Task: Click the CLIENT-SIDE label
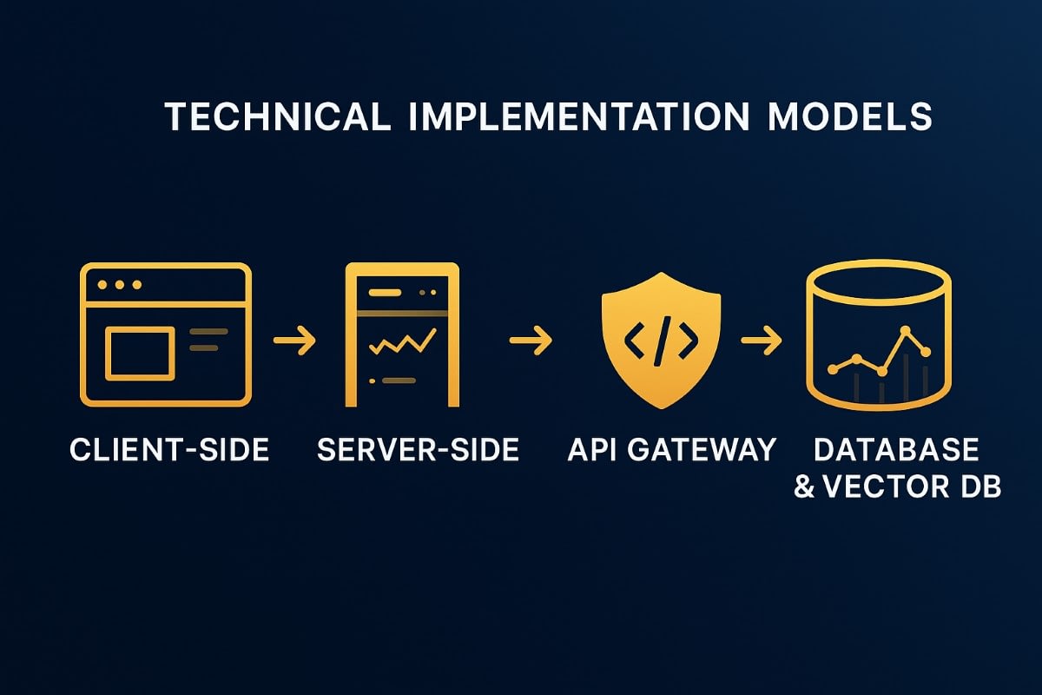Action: point(169,450)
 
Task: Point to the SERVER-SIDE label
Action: point(418,450)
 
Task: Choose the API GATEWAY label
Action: point(671,450)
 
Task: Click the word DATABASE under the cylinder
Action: point(896,450)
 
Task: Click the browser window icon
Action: point(166,335)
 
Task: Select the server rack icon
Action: point(402,335)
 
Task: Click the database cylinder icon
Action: point(879,335)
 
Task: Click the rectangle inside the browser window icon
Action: point(139,353)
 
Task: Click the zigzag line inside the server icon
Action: point(402,343)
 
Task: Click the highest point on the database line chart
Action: point(906,331)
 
